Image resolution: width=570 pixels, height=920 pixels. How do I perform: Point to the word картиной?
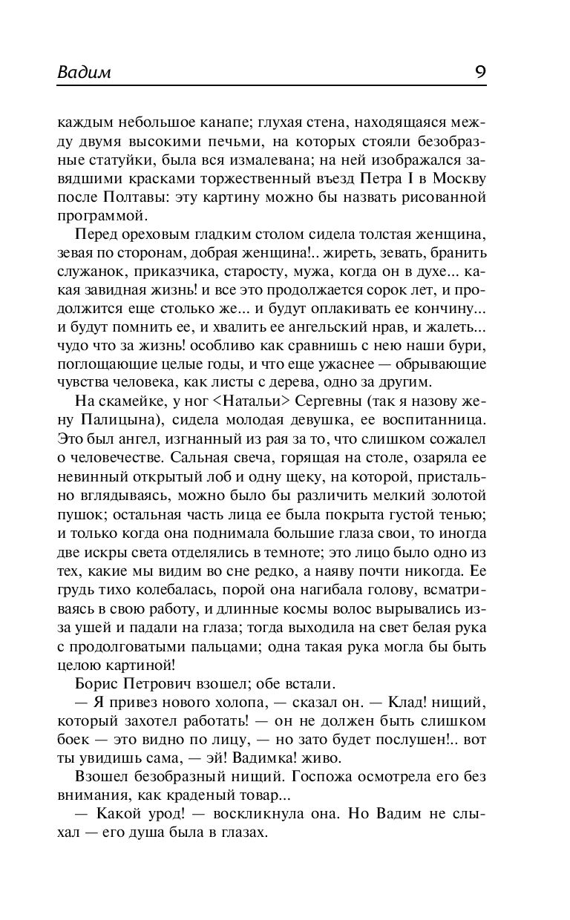(x=136, y=664)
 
